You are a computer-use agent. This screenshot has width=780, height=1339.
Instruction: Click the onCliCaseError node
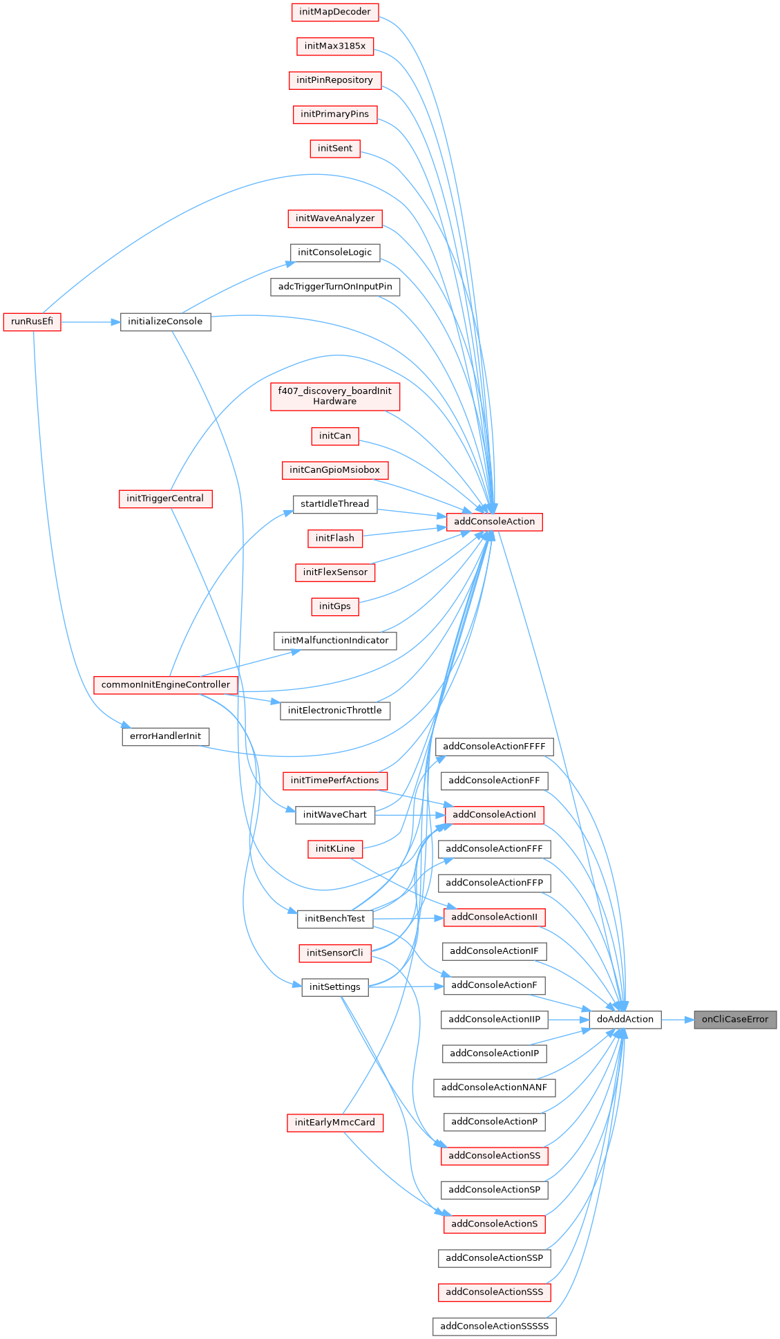(735, 1020)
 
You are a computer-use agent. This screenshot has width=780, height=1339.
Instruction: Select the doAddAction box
(625, 1020)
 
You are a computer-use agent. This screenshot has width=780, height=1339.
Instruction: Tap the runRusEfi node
(32, 322)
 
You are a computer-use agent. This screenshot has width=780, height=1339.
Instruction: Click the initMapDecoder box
(335, 12)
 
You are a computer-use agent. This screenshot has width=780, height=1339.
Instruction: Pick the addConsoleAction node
(494, 522)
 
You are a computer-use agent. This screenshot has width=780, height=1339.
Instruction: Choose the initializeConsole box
(165, 322)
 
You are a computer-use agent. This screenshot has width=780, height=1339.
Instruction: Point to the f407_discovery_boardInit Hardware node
(335, 396)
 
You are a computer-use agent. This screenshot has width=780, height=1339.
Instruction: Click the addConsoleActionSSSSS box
(494, 1327)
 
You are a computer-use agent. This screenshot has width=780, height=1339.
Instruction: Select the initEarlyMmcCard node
(335, 1123)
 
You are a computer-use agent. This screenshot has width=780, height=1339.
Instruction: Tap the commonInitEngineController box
(166, 685)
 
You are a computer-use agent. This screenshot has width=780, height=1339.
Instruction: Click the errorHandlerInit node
(165, 736)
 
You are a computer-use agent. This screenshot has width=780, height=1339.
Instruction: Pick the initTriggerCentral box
(165, 498)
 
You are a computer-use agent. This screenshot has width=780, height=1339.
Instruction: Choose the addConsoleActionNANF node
(494, 1088)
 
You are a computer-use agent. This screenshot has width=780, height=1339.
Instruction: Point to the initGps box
(335, 607)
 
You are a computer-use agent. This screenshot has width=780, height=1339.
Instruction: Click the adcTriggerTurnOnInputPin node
(335, 287)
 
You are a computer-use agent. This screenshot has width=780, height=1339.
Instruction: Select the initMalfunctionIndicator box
(335, 641)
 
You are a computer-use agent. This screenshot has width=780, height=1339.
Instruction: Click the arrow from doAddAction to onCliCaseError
(677, 1020)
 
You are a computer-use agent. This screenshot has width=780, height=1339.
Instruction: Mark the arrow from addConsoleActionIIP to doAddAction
(568, 1020)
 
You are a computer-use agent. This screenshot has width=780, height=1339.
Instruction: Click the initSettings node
(335, 987)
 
